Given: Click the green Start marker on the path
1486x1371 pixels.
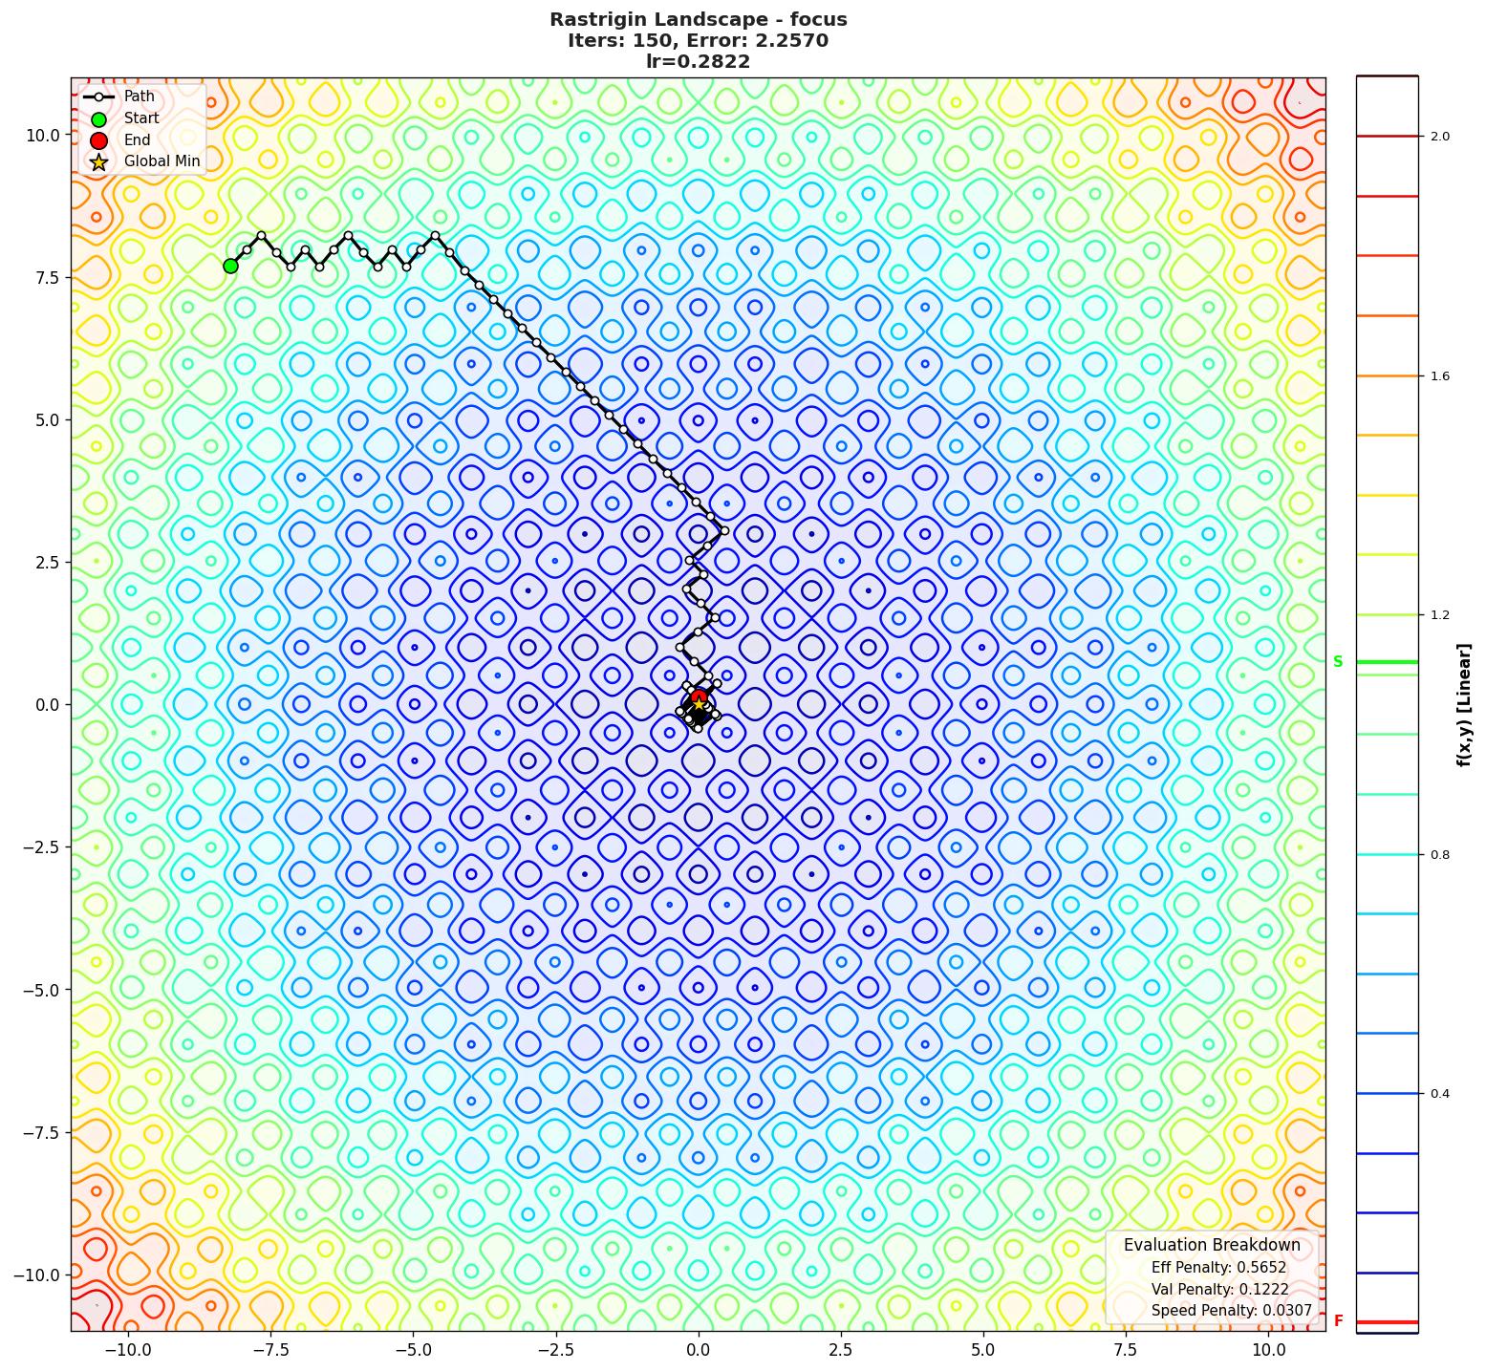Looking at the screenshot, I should [230, 266].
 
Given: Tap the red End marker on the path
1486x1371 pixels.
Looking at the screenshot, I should [699, 697].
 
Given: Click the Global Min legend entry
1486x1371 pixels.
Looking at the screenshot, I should [162, 161].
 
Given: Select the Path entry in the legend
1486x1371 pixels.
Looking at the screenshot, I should [139, 96].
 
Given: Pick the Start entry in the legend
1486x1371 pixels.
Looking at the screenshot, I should [141, 118].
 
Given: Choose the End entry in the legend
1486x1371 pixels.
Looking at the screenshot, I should [137, 139].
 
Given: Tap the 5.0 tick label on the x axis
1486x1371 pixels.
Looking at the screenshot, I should [983, 1350].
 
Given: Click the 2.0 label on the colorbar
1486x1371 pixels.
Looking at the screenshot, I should [1439, 137].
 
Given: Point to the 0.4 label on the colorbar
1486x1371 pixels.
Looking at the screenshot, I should [1439, 1094].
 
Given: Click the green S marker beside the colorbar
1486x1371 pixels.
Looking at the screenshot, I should [1338, 661].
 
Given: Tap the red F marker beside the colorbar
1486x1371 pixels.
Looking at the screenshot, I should [1338, 1321].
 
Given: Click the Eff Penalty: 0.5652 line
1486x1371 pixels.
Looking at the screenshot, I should [1218, 1268].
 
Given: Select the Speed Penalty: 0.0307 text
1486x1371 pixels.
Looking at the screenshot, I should [1231, 1311].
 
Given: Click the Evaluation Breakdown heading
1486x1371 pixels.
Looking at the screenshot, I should [1212, 1245].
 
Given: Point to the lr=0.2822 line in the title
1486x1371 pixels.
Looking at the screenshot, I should [698, 62].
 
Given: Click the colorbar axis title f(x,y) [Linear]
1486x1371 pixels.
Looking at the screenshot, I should [1463, 705].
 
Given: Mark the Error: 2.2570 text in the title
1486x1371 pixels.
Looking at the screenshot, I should [757, 41].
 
